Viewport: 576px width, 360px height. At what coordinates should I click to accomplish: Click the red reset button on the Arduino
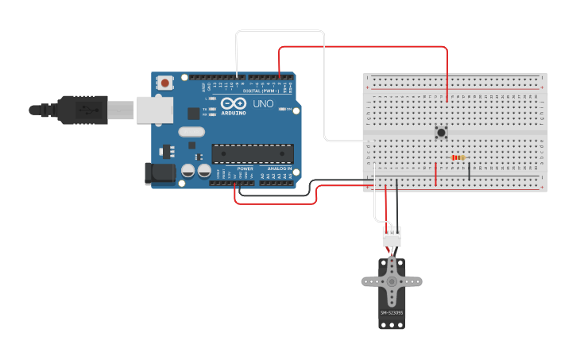(x=164, y=82)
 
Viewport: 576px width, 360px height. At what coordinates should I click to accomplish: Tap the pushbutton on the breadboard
(x=440, y=132)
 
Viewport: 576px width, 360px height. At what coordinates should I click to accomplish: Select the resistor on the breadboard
(x=457, y=157)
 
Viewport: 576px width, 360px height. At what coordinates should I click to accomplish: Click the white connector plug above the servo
(x=392, y=236)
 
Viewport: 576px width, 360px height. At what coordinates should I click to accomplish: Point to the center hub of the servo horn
(x=392, y=281)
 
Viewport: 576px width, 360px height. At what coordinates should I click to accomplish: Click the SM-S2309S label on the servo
(x=392, y=312)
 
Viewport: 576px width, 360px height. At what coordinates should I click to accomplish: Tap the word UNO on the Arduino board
(x=262, y=104)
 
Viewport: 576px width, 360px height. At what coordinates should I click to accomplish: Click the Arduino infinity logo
(x=234, y=104)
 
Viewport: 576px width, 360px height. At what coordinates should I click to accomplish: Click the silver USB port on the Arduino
(x=154, y=110)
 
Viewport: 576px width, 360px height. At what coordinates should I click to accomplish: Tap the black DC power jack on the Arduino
(x=160, y=174)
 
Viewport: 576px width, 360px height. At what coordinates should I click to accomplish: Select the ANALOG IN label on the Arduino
(x=277, y=168)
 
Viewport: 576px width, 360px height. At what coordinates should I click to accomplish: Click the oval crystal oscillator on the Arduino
(x=191, y=132)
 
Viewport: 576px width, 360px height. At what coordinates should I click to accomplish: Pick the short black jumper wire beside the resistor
(x=469, y=170)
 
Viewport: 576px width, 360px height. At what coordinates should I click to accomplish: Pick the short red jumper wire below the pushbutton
(x=435, y=173)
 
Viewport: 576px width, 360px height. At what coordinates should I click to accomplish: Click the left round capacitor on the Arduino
(x=188, y=170)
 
